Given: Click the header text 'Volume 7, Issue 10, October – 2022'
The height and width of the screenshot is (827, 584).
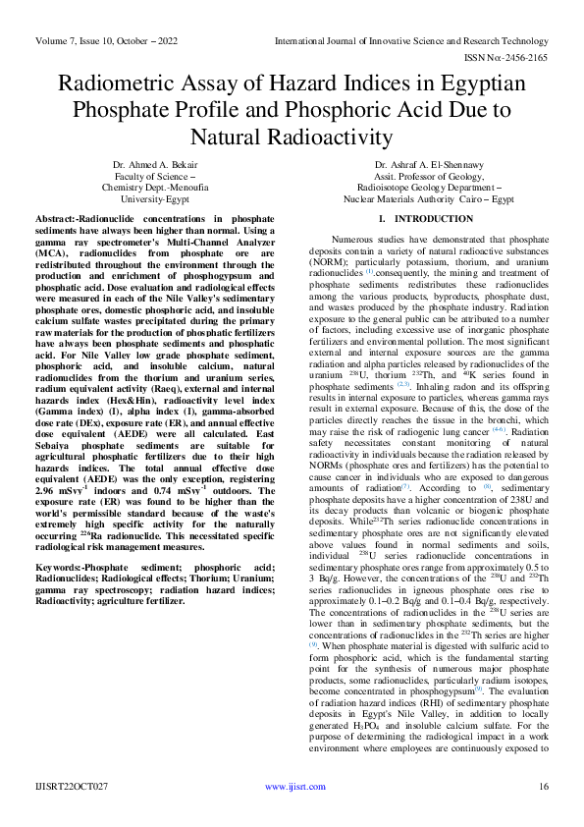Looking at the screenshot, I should coord(107,41).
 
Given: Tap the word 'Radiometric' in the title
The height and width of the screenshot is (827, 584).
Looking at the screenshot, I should coord(125,84).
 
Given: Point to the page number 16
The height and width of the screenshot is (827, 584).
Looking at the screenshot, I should coord(543,788).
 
